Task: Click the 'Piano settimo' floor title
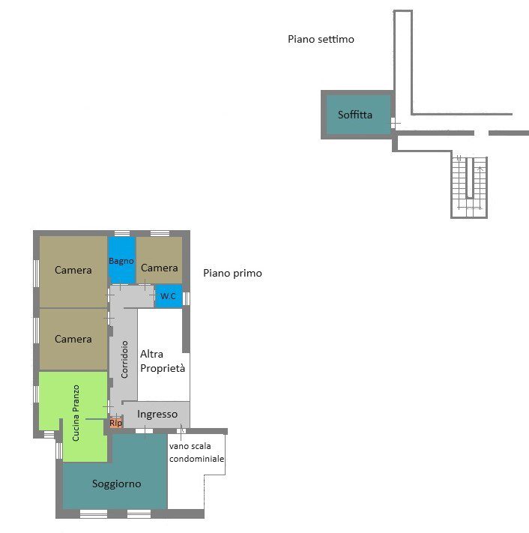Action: tap(321, 39)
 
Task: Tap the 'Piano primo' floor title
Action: tap(232, 274)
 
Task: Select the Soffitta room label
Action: tap(355, 115)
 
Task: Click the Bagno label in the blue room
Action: tap(121, 261)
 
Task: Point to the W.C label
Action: tap(168, 296)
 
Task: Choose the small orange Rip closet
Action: tap(115, 423)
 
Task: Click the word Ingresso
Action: tap(157, 415)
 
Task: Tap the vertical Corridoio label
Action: tap(124, 360)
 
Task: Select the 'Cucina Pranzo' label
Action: tap(76, 413)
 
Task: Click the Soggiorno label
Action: tap(117, 484)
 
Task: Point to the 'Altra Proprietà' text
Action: tap(163, 361)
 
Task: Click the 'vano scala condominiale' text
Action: tap(197, 453)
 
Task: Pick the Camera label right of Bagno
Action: tap(160, 268)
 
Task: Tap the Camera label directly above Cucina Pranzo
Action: tap(73, 339)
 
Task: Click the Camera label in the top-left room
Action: tap(73, 270)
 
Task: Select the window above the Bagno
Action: tap(122, 233)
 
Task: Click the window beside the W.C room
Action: tap(186, 299)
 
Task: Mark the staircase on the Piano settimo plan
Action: tap(469, 187)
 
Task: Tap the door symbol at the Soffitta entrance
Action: tap(394, 123)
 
